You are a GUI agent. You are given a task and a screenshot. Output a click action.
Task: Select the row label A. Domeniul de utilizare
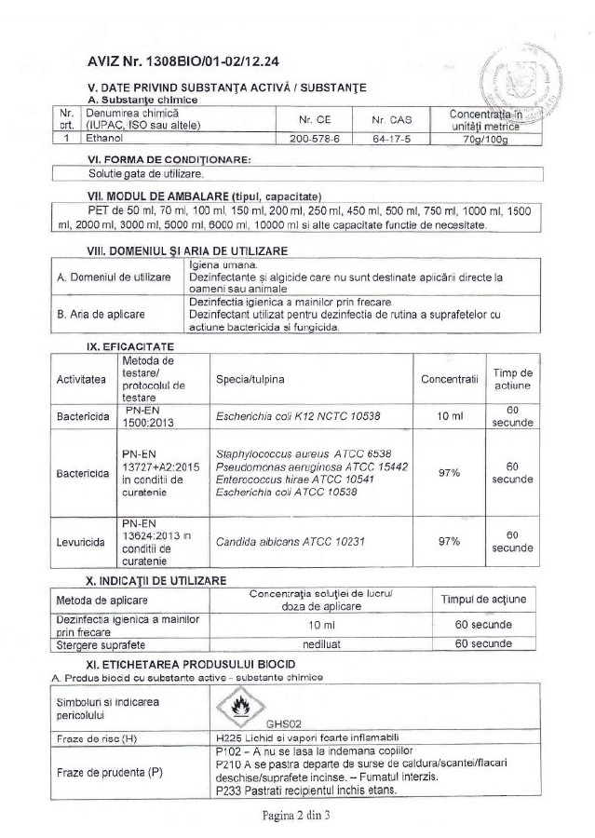113,277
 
